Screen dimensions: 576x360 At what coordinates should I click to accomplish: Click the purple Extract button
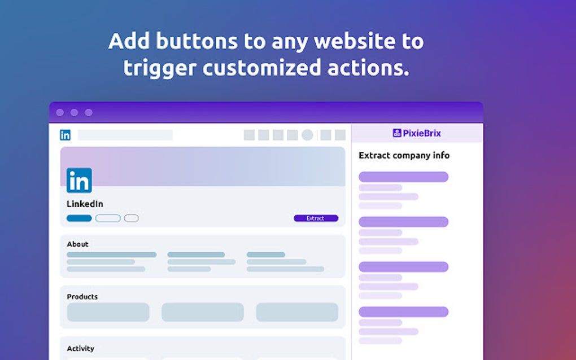click(x=316, y=218)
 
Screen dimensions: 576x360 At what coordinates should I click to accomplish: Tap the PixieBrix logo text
click(x=422, y=133)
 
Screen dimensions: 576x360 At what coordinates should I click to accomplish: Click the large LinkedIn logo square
click(x=79, y=180)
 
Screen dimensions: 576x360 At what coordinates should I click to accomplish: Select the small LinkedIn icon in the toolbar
click(x=65, y=135)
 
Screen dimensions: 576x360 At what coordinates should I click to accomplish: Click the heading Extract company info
click(x=404, y=156)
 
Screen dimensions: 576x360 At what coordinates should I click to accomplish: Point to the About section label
click(x=77, y=244)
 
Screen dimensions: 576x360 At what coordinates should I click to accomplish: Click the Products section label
click(x=82, y=296)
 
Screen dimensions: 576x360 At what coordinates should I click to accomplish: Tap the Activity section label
click(x=80, y=349)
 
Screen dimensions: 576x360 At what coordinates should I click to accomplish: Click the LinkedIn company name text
click(x=85, y=204)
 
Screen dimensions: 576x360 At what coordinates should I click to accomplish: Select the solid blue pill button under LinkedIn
click(x=79, y=218)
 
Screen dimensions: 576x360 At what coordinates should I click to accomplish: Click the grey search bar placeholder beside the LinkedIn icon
click(x=125, y=135)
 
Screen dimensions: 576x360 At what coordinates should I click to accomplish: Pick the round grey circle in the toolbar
click(x=307, y=135)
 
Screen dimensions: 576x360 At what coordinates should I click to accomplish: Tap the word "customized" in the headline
click(x=261, y=68)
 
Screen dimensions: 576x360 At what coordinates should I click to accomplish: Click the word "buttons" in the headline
click(x=197, y=41)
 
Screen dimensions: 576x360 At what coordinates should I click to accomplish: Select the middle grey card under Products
click(x=202, y=312)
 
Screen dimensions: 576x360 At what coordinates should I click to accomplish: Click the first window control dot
click(x=60, y=113)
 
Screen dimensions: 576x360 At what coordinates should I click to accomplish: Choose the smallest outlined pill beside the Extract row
click(x=131, y=218)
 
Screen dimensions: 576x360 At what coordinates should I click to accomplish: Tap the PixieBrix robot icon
click(x=397, y=133)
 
